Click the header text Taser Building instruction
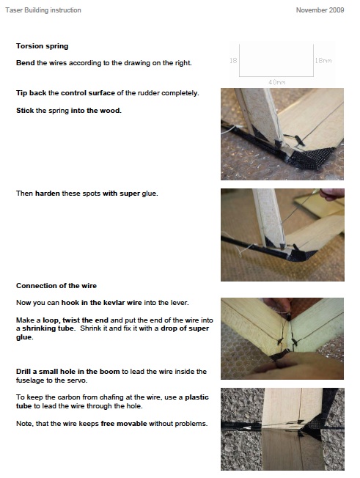click(x=43, y=10)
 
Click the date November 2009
click(x=320, y=10)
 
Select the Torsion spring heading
click(x=42, y=46)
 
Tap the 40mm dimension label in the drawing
click(x=277, y=82)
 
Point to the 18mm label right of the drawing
click(x=323, y=61)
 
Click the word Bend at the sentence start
click(x=26, y=63)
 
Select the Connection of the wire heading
click(x=56, y=286)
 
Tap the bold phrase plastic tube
click(x=112, y=402)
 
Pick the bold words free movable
click(x=124, y=424)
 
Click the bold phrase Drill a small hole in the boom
click(x=68, y=371)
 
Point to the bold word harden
click(x=48, y=194)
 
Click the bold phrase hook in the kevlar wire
click(x=101, y=303)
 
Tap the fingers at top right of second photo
click(x=333, y=194)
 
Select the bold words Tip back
click(x=31, y=93)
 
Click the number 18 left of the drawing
click(x=233, y=60)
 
